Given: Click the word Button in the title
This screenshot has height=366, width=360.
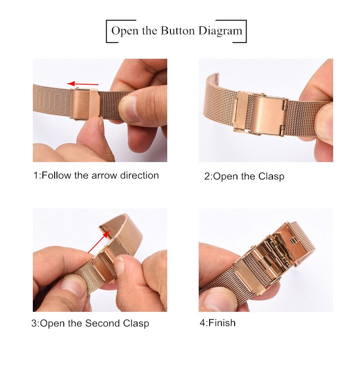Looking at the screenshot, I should pyautogui.click(x=178, y=31).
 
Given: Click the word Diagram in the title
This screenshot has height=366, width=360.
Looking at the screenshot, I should pyautogui.click(x=220, y=31).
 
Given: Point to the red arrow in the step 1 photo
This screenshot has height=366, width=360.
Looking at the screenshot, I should pyautogui.click(x=82, y=84).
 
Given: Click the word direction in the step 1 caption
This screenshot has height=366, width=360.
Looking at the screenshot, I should pyautogui.click(x=139, y=175).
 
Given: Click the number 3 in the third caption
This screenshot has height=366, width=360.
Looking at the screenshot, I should pyautogui.click(x=34, y=324).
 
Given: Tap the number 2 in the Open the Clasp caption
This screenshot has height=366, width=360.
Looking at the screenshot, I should pyautogui.click(x=207, y=177).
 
